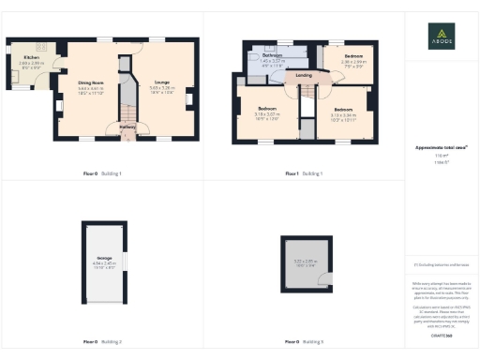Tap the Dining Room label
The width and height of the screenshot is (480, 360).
(90, 82)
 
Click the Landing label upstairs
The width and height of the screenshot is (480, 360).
(304, 75)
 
